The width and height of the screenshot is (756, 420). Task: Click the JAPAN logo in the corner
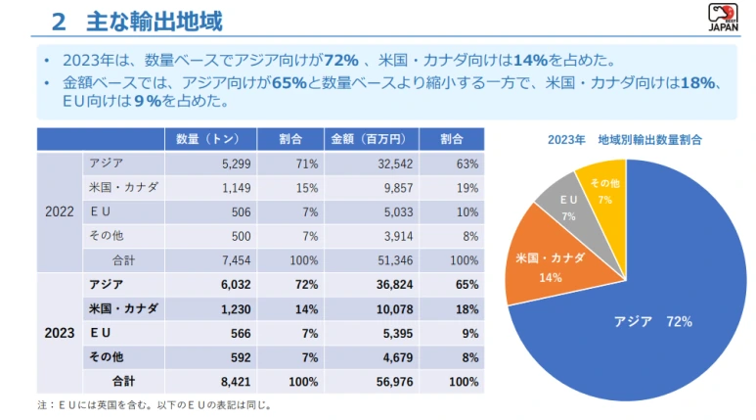click(722, 17)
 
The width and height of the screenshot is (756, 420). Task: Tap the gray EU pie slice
click(569, 206)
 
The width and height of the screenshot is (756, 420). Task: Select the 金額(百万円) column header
click(361, 139)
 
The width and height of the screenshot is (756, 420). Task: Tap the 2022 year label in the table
click(60, 211)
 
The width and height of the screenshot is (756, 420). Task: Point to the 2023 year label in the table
click(60, 333)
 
